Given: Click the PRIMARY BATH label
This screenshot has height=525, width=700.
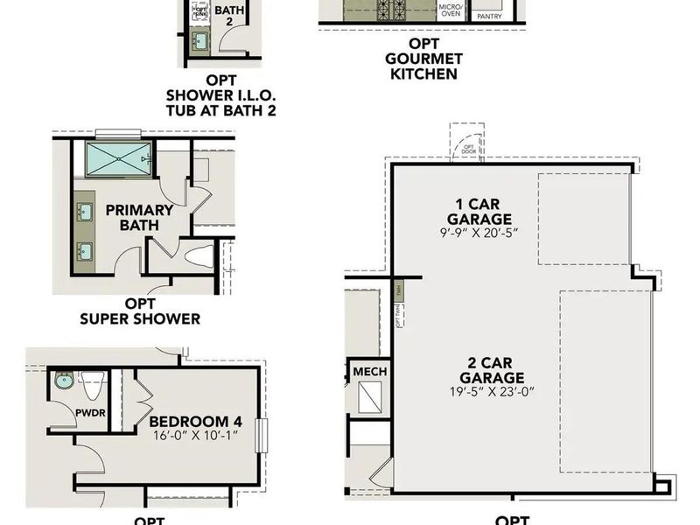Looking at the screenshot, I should coord(139,217).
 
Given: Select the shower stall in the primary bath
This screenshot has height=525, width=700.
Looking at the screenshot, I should coord(118,160).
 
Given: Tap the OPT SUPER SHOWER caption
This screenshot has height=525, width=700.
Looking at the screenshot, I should coord(139,311).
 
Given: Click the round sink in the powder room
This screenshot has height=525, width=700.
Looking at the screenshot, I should coord(62,381).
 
